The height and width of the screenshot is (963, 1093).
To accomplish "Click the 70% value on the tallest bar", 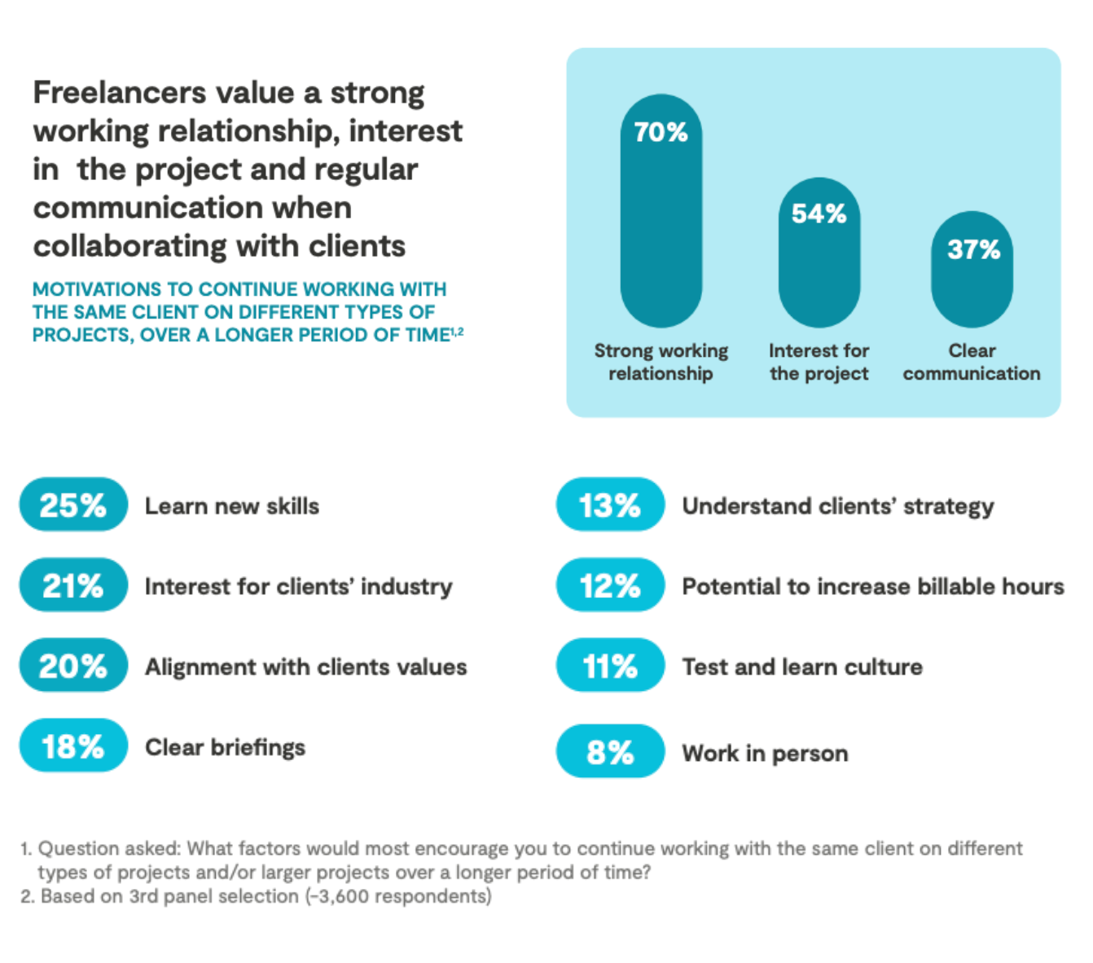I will click(x=661, y=132).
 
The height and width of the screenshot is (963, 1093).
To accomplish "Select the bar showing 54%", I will click(x=819, y=253).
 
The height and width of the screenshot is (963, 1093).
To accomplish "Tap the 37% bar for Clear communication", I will click(x=972, y=270).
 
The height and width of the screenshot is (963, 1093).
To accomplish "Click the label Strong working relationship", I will click(x=661, y=362).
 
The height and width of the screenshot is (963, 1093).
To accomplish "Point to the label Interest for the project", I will click(x=819, y=362).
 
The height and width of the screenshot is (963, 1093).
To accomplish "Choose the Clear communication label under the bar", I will click(x=972, y=362).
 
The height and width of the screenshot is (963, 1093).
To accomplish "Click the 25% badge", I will click(x=73, y=505).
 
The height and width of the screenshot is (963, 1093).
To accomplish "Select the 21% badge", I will click(x=73, y=585).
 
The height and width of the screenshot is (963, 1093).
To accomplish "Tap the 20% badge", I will click(x=73, y=666).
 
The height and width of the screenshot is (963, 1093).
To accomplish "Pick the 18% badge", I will click(x=73, y=745).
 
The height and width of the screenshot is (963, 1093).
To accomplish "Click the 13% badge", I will click(x=610, y=505).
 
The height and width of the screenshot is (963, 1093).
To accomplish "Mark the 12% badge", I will click(x=610, y=585).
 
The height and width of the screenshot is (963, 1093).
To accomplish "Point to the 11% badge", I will click(x=610, y=666).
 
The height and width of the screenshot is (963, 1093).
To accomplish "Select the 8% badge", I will click(x=610, y=751).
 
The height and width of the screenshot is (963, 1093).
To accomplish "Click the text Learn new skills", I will click(x=232, y=506).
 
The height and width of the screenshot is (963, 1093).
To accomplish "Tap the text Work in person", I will click(x=765, y=754).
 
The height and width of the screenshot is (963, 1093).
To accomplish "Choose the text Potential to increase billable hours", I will click(x=872, y=587).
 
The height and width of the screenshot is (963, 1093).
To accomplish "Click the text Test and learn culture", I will click(x=802, y=667).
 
